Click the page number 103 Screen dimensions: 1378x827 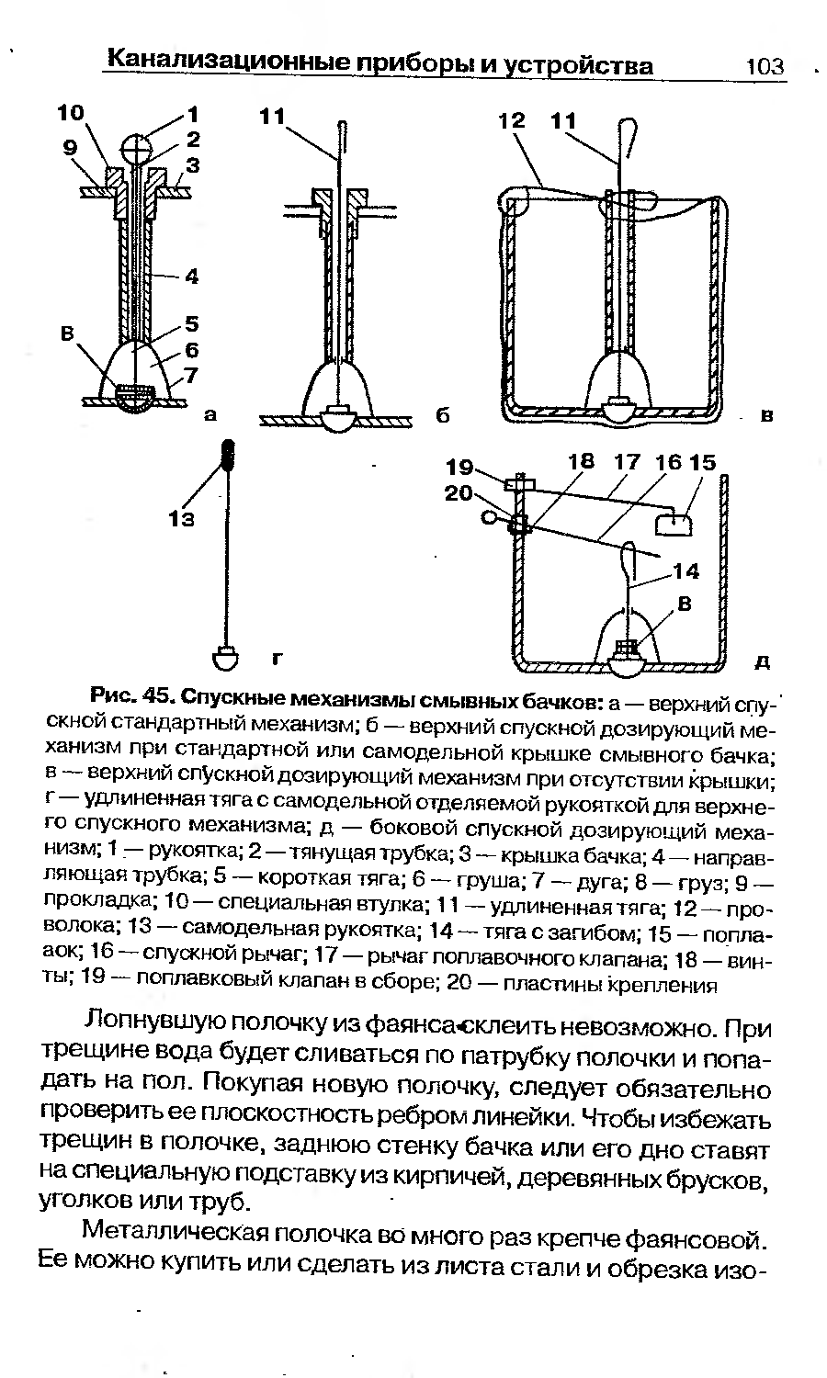[x=765, y=66]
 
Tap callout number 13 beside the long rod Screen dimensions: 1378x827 [x=182, y=519]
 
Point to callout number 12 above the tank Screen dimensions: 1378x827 [x=513, y=120]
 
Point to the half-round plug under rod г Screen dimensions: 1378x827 [x=226, y=658]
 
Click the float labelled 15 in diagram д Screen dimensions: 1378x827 [x=674, y=524]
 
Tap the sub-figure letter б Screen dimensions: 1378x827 [x=441, y=416]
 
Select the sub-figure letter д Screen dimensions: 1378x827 [x=762, y=661]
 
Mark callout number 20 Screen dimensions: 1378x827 [x=459, y=493]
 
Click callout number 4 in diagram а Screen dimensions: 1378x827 [x=192, y=276]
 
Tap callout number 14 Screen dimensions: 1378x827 [x=685, y=571]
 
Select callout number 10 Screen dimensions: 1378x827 [x=70, y=113]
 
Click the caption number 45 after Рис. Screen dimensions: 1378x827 [x=156, y=690]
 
